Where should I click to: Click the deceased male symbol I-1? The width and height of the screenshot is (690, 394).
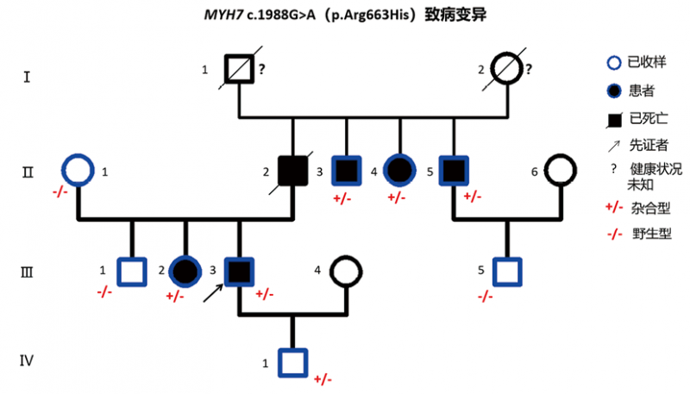pos(238,67)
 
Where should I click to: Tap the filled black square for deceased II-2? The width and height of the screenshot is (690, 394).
pos(293,170)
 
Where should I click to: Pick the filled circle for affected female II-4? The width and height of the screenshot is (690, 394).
pos(400,170)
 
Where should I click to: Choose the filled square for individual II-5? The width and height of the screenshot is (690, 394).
pos(453,170)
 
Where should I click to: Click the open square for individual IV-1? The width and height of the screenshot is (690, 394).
pos(293,362)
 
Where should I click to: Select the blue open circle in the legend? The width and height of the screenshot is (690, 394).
pos(612,61)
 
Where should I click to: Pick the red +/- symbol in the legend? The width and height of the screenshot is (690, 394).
pos(613,208)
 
